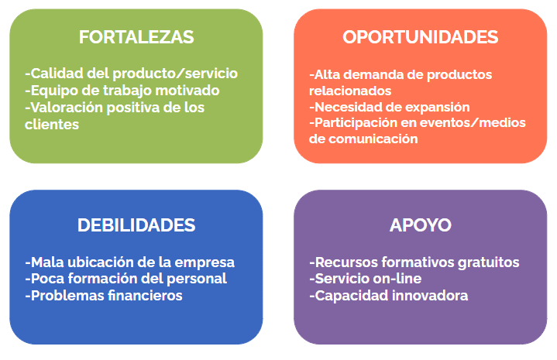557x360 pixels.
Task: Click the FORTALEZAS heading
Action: [136, 37]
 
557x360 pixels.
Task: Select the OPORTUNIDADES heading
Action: [420, 37]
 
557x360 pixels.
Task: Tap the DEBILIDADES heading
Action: [136, 225]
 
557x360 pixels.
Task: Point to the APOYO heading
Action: [420, 225]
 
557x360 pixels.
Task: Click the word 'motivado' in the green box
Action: [187, 91]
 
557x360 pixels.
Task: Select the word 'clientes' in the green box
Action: [52, 125]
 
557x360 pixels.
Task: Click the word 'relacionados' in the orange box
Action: [350, 91]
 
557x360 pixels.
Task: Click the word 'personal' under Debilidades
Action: [197, 279]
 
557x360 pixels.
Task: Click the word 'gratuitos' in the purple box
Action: [489, 262]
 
